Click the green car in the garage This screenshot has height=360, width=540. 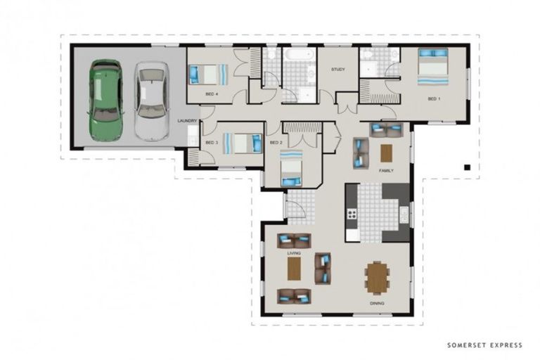(105, 101)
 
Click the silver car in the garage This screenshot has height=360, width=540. (152, 101)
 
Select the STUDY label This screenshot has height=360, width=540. (337, 70)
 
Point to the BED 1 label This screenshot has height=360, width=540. (434, 99)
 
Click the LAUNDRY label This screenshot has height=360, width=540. (187, 121)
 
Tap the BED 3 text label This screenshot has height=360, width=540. (212, 143)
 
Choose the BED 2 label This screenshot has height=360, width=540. (276, 143)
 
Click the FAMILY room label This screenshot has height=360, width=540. (386, 171)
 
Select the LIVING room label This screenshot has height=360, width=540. (294, 253)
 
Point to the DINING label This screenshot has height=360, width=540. (377, 304)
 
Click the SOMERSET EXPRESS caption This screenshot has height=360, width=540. (484, 345)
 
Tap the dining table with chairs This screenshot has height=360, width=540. (378, 278)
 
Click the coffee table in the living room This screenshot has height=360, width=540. (294, 269)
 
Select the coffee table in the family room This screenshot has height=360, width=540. (386, 153)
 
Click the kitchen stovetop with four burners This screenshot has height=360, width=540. (352, 214)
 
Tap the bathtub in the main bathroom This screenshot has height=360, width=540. (298, 54)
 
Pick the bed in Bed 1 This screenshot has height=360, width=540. (433, 67)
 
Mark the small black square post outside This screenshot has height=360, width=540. (467, 167)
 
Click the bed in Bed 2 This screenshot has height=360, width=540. (291, 168)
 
